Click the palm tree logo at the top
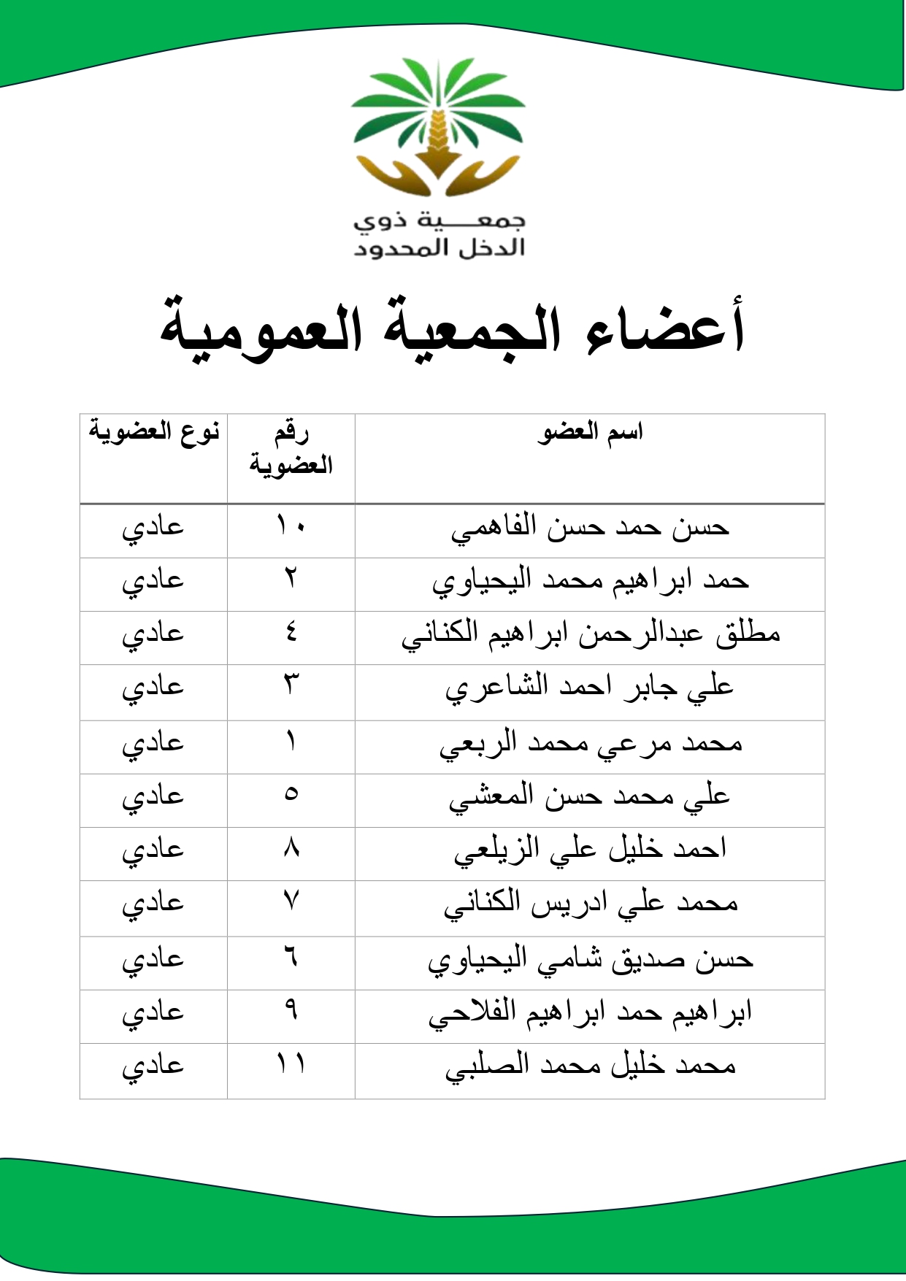pyautogui.click(x=438, y=128)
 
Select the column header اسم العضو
pyautogui.click(x=590, y=432)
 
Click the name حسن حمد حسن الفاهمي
pyautogui.click(x=590, y=528)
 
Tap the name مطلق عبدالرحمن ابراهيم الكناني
pyautogui.click(x=590, y=634)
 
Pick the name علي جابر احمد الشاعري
pyautogui.click(x=590, y=688)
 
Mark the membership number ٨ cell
pyautogui.click(x=291, y=848)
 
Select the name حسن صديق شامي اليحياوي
pyautogui.click(x=590, y=960)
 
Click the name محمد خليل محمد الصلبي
pyautogui.click(x=590, y=1066)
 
